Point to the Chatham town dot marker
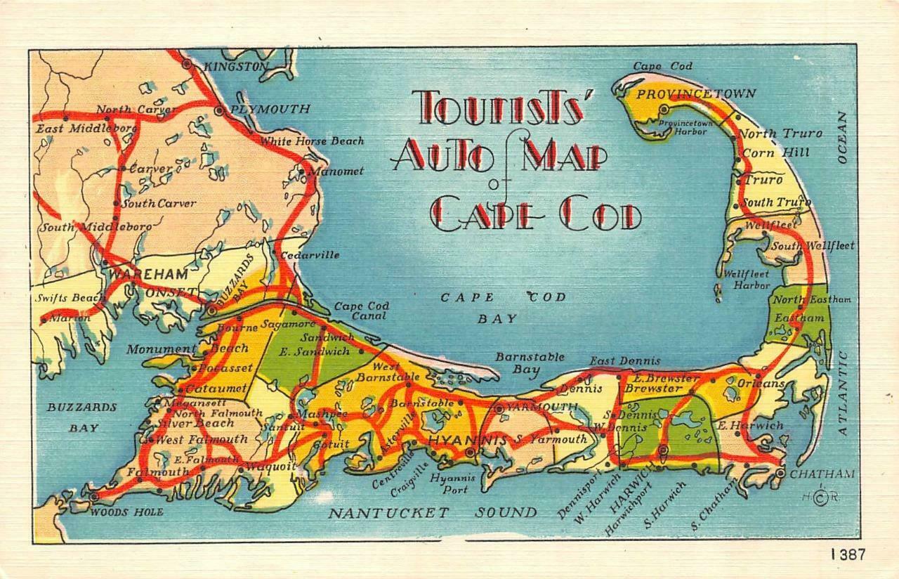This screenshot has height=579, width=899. click(x=780, y=474)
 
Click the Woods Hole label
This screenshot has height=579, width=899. click(x=126, y=512)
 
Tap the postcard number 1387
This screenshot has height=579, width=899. click(x=847, y=554)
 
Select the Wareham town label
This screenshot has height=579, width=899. click(x=148, y=273)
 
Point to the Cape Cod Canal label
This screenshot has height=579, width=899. click(x=361, y=311)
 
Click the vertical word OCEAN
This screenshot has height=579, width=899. click(x=843, y=137)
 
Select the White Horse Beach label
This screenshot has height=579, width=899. click(x=313, y=141)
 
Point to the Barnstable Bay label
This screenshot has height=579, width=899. click(x=529, y=363)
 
